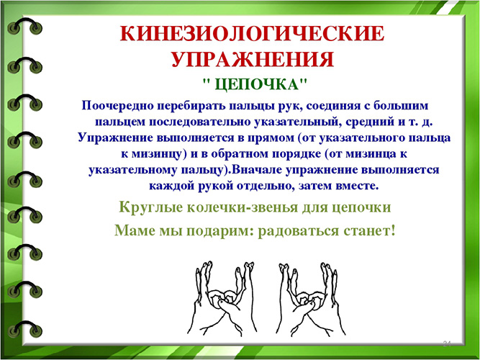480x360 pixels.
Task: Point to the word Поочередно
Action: point(118,106)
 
